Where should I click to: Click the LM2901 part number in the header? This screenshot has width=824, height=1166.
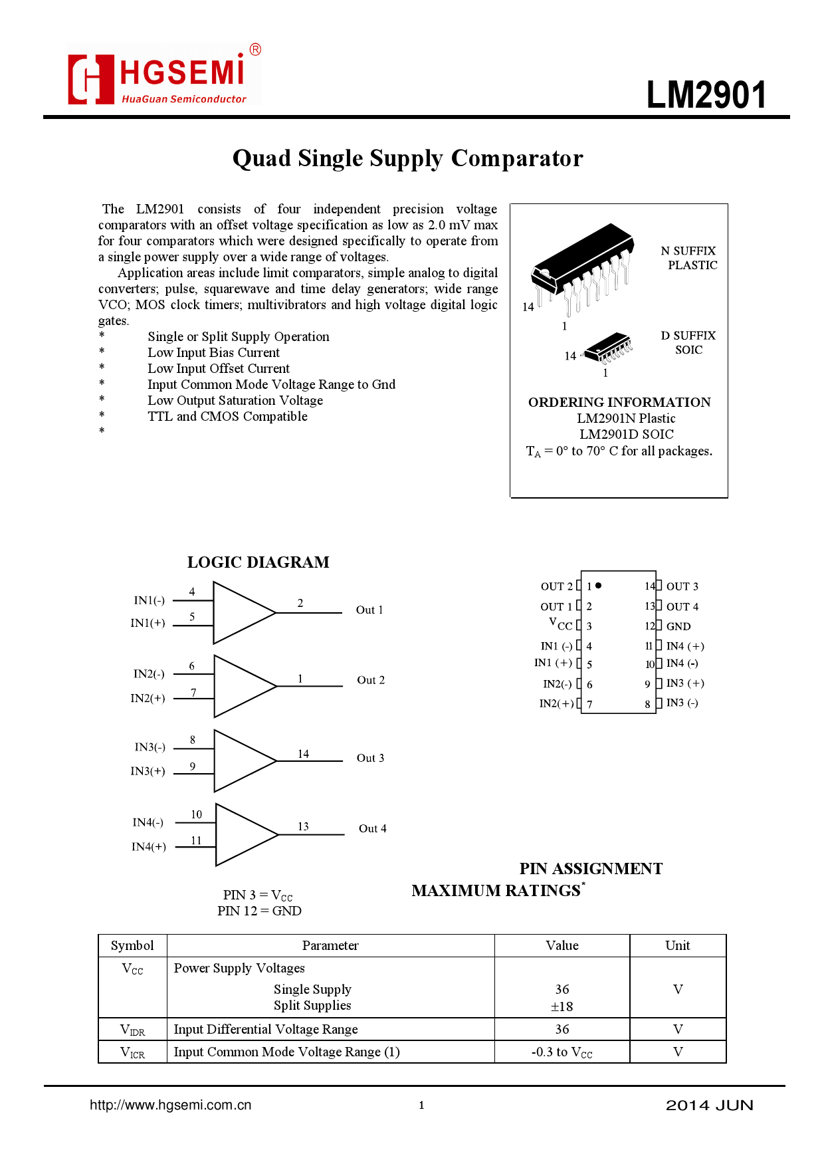click(706, 95)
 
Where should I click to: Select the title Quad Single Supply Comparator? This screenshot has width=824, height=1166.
click(407, 158)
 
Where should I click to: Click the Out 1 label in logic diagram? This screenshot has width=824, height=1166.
click(369, 610)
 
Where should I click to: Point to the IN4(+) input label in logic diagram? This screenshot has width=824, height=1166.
click(148, 846)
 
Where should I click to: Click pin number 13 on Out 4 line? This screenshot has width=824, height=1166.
click(303, 826)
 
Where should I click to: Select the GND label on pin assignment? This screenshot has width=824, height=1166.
click(678, 626)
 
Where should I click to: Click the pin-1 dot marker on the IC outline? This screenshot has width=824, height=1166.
click(599, 586)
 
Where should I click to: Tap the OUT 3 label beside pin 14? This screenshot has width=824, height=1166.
click(682, 586)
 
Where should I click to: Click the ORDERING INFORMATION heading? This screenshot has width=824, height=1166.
click(619, 402)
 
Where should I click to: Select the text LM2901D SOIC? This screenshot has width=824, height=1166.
click(626, 434)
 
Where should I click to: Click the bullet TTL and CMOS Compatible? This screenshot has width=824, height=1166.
click(227, 416)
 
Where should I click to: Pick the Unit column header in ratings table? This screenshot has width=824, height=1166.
click(677, 945)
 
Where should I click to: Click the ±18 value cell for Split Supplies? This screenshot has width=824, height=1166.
click(562, 1006)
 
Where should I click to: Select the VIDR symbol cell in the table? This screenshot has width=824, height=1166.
click(132, 1030)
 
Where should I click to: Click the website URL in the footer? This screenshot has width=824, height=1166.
click(171, 1105)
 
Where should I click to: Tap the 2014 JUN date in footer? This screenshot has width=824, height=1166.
click(709, 1105)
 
